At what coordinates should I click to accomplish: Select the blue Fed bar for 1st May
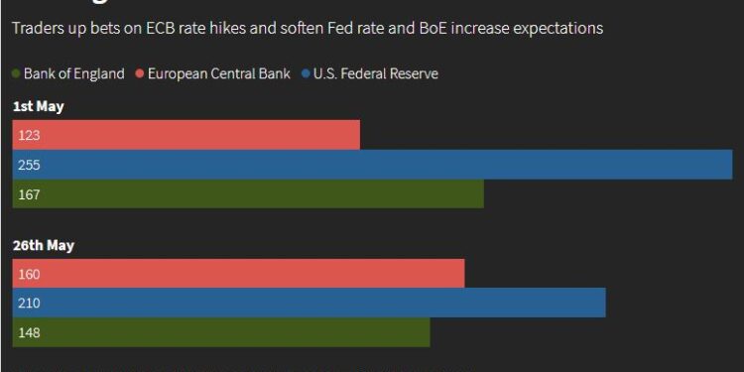372,165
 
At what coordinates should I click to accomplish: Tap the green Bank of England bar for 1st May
248,194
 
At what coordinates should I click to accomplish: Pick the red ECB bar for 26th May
238,273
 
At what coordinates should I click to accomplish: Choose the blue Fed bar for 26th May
309,303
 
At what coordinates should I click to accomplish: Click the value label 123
29,135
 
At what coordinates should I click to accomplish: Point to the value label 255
29,165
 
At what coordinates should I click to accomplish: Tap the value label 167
29,194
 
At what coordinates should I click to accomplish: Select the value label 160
29,273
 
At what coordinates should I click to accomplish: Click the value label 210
29,303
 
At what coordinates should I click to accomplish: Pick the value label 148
29,332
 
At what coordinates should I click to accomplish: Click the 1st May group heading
38,106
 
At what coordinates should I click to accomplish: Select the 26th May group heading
43,245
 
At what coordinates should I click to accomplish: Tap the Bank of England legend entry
73,73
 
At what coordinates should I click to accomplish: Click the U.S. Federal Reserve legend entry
375,73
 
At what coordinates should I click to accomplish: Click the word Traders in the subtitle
37,29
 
